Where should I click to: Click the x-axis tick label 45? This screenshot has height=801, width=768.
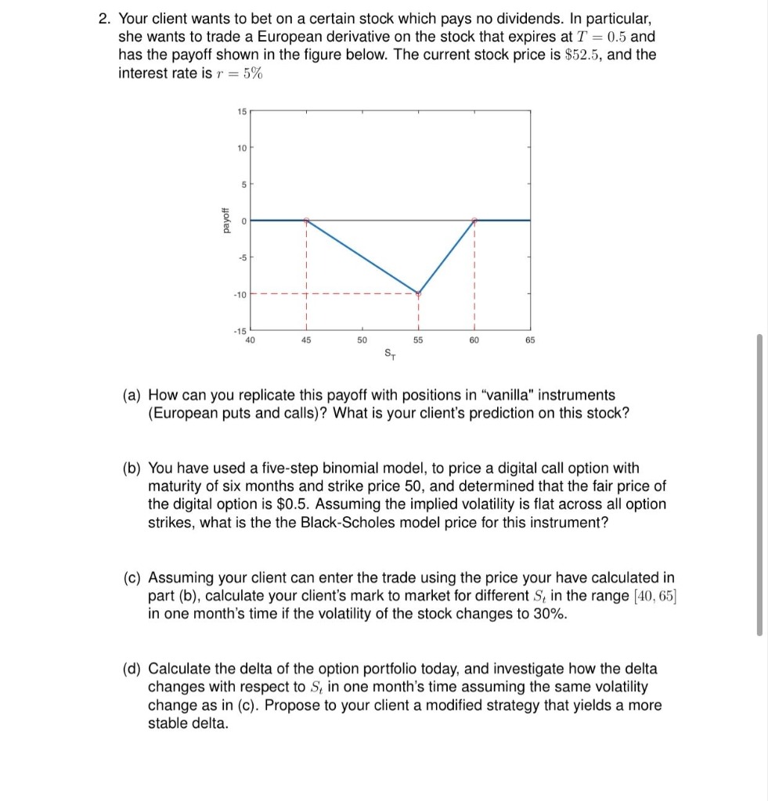pyautogui.click(x=305, y=340)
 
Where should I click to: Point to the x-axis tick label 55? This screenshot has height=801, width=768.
pyautogui.click(x=418, y=340)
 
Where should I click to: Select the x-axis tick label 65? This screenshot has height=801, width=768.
pyautogui.click(x=530, y=340)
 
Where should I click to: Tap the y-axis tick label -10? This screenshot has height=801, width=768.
pyautogui.click(x=239, y=294)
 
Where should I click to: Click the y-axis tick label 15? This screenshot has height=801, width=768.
pyautogui.click(x=240, y=111)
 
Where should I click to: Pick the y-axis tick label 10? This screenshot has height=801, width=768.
pyautogui.click(x=240, y=148)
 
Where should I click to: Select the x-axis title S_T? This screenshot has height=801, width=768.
pyautogui.click(x=390, y=354)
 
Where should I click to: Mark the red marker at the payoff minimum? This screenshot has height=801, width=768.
pyautogui.click(x=418, y=294)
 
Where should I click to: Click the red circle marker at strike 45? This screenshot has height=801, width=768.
pyautogui.click(x=306, y=221)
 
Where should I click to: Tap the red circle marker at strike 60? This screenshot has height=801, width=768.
pyautogui.click(x=474, y=221)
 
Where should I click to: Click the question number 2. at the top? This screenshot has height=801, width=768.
pyautogui.click(x=105, y=19)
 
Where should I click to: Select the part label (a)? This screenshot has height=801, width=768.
pyautogui.click(x=134, y=395)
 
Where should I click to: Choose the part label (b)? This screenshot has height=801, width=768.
pyautogui.click(x=134, y=469)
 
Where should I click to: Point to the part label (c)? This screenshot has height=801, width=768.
pyautogui.click(x=134, y=578)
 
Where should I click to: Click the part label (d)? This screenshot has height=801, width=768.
pyautogui.click(x=134, y=669)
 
